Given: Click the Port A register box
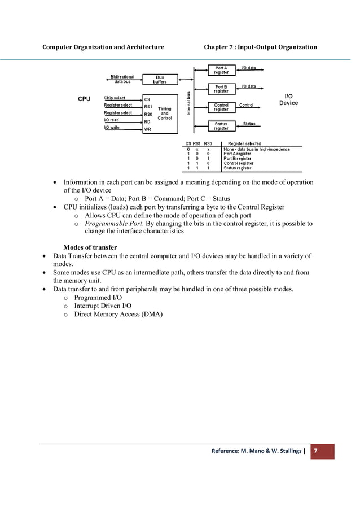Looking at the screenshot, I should [x=221, y=71].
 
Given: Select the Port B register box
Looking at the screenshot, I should [x=221, y=89].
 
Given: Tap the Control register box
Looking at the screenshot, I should [x=221, y=107].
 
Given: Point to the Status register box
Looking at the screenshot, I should [x=221, y=126].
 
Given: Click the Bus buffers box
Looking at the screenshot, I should [x=160, y=80].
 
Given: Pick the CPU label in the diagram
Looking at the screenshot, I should [x=84, y=99].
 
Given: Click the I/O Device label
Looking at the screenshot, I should [x=288, y=100].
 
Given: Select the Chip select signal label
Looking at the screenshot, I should [x=115, y=98].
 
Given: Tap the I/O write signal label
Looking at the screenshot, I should [x=112, y=127].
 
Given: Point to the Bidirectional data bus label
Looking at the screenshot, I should [x=119, y=80].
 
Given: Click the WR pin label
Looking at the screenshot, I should [x=147, y=129].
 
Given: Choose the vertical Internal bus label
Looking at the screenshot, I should [x=188, y=104].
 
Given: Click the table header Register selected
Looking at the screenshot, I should [x=244, y=143].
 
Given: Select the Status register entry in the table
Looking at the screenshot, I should [x=238, y=168].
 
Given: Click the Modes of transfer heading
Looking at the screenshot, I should [x=90, y=247].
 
